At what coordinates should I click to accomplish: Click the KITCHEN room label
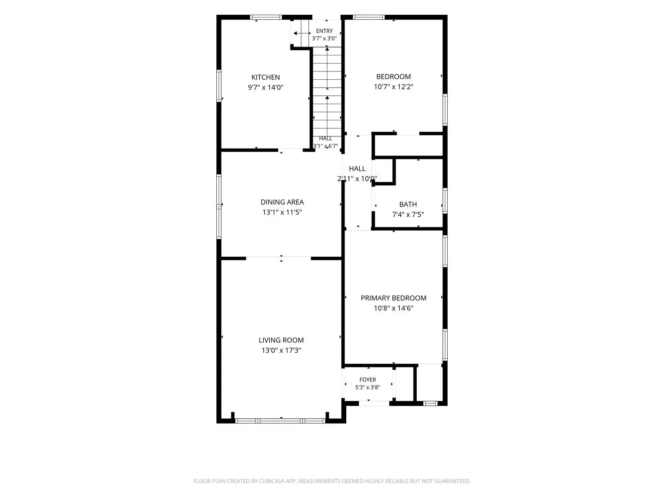(265, 77)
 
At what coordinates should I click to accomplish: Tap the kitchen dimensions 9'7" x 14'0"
(265, 88)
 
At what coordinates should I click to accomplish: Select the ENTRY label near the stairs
(324, 31)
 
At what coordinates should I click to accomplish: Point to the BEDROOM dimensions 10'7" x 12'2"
(393, 87)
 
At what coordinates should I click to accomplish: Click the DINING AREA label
(282, 202)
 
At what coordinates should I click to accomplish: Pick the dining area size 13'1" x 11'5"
(282, 212)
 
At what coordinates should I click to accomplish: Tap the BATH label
(408, 204)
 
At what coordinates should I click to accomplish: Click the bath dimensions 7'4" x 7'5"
(408, 215)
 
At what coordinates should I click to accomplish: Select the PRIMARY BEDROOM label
(393, 298)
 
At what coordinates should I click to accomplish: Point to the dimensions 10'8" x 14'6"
(393, 308)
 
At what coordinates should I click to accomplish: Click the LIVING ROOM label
(281, 340)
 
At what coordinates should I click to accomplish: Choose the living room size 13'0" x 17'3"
(281, 350)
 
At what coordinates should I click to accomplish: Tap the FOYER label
(368, 380)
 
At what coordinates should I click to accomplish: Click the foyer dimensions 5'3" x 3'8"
(368, 387)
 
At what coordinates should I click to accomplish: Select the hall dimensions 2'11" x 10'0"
(357, 179)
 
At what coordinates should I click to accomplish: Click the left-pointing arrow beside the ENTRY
(302, 33)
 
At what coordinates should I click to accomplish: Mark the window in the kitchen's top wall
(266, 17)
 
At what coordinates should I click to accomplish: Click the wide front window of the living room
(280, 421)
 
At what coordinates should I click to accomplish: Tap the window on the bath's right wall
(445, 201)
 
